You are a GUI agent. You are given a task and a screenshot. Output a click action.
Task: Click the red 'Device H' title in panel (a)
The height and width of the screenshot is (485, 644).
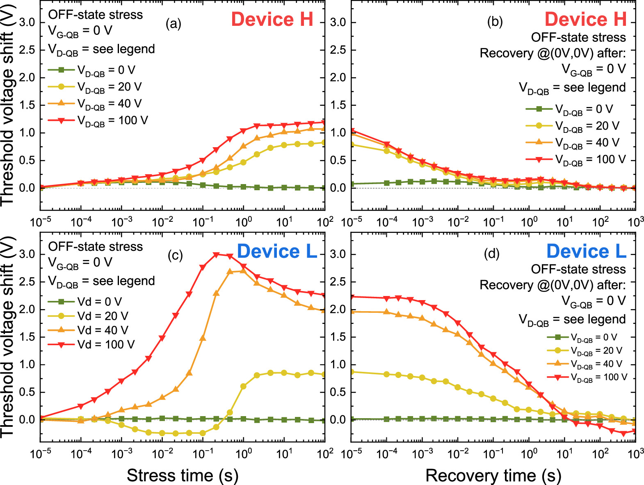click(272, 19)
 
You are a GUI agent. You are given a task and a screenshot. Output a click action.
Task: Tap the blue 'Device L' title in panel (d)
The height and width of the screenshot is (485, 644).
click(586, 251)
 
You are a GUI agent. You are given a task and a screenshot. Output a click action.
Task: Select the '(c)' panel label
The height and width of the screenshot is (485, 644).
click(175, 255)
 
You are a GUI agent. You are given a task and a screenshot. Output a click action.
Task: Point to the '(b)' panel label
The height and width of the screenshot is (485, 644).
click(495, 22)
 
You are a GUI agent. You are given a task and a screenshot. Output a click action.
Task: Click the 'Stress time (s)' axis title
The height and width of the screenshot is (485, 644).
click(182, 475)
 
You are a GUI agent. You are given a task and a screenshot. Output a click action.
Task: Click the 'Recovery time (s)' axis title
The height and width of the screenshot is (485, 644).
click(493, 475)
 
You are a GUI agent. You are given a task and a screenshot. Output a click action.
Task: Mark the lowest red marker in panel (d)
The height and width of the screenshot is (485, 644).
click(624, 433)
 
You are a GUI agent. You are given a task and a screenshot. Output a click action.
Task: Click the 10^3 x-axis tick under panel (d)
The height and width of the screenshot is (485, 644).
click(636, 453)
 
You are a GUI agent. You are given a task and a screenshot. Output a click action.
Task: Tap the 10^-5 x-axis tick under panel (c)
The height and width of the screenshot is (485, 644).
click(41, 453)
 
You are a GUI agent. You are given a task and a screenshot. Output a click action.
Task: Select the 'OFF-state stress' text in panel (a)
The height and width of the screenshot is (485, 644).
click(96, 15)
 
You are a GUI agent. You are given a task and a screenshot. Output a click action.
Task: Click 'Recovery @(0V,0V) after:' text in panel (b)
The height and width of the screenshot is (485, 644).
click(553, 53)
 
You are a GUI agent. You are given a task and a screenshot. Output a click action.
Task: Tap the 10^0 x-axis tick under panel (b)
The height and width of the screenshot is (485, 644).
click(529, 222)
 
